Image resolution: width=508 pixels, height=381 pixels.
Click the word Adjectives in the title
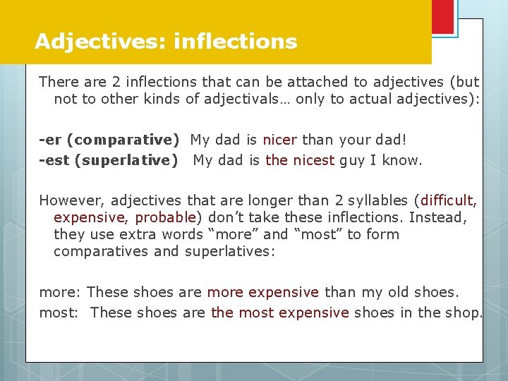point(99,42)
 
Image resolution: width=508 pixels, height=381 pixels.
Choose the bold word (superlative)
point(130,160)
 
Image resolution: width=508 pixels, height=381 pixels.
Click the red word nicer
point(279,140)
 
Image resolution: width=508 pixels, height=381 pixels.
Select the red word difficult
point(449,200)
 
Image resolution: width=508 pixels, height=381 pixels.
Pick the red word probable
point(167,217)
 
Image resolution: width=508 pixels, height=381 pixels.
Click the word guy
point(353,160)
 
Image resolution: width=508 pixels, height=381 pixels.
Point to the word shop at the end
point(461,312)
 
